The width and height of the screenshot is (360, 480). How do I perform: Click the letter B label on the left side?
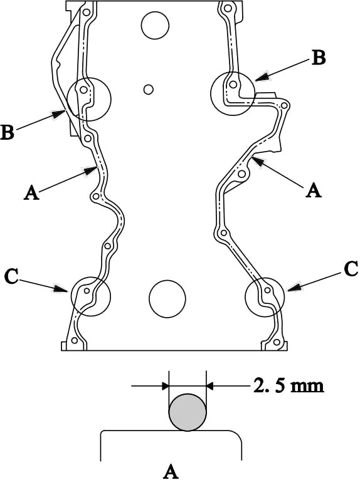point(8,133)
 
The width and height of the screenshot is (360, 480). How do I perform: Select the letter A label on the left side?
point(32,193)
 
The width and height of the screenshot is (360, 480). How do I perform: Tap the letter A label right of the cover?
point(314,190)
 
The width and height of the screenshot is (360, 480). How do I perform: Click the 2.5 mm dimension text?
point(289,386)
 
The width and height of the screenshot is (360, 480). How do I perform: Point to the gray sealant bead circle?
point(188,412)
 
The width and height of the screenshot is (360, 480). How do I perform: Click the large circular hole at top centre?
point(155,26)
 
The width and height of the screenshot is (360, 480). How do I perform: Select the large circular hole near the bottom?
point(167,299)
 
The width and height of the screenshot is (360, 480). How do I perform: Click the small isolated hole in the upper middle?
point(148,90)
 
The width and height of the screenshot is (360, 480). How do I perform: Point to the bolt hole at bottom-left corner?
point(74,340)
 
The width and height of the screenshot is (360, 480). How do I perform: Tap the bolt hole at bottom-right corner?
point(277,342)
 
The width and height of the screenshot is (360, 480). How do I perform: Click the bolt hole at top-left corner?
point(86,13)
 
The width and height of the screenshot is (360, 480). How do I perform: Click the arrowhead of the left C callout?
point(61,288)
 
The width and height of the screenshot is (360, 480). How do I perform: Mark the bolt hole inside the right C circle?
point(267,290)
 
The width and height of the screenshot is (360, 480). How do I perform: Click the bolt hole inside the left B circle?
point(83,90)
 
